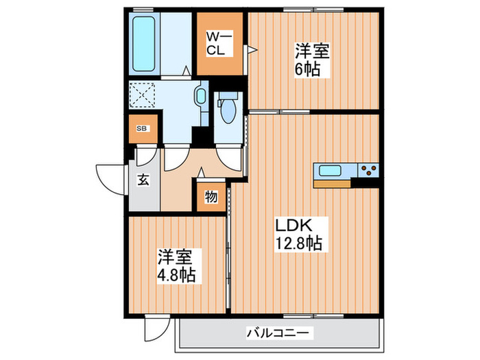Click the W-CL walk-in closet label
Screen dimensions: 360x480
219,43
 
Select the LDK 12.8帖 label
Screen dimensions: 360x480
296,233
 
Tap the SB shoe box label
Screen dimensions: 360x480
142,128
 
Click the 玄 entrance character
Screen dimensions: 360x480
144,180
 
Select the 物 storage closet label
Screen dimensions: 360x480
211,197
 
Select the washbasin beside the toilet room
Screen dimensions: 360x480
201,96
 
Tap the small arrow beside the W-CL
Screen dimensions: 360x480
252,49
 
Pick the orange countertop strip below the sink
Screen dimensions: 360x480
332,183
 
